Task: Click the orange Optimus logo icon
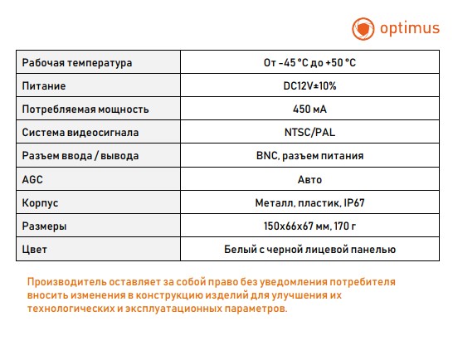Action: (362, 29)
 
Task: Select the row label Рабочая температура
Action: (77, 63)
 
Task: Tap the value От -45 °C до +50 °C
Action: (309, 63)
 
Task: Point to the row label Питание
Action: (44, 86)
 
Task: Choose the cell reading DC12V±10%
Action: (309, 86)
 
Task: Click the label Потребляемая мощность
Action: (85, 109)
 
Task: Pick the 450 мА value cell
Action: (309, 109)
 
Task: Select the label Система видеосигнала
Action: (80, 133)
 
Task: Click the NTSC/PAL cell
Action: (309, 133)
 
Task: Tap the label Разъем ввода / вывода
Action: (80, 156)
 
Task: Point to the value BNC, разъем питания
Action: (309, 156)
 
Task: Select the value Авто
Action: (309, 179)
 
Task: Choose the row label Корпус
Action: (41, 202)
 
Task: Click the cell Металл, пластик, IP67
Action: (309, 202)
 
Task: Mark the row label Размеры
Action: (45, 226)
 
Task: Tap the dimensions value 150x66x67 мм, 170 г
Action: (309, 226)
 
